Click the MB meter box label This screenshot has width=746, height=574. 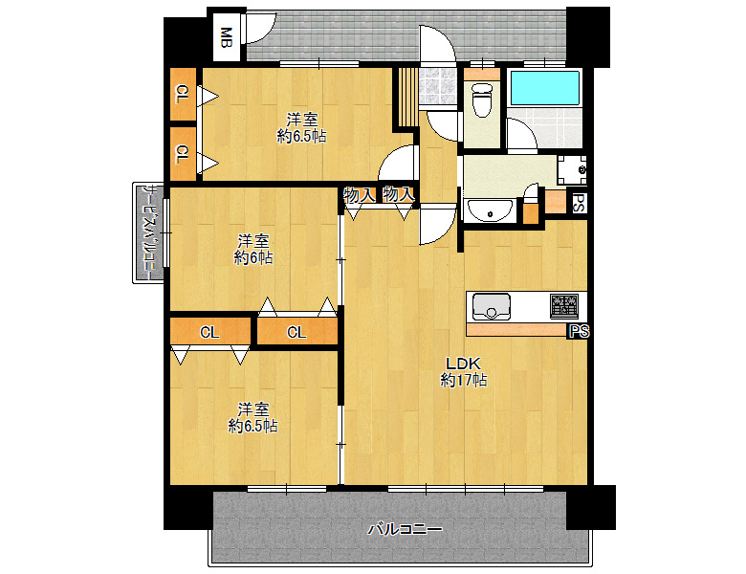pyautogui.click(x=227, y=38)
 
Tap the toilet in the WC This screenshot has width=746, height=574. pyautogui.click(x=482, y=99)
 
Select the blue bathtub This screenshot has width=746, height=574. pyautogui.click(x=545, y=88)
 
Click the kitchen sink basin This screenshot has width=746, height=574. pyautogui.click(x=491, y=307)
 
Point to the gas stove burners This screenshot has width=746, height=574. pyautogui.click(x=564, y=306)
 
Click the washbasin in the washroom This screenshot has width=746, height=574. pyautogui.click(x=490, y=210)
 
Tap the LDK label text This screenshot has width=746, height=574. pyautogui.click(x=463, y=364)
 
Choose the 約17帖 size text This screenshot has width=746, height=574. pyautogui.click(x=464, y=381)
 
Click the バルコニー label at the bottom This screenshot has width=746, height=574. pyautogui.click(x=405, y=529)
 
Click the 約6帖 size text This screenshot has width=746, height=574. pyautogui.click(x=253, y=257)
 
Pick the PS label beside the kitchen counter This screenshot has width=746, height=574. pyautogui.click(x=579, y=331)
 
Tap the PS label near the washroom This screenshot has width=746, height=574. pyautogui.click(x=579, y=203)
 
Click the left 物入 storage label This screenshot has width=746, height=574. pyautogui.click(x=359, y=194)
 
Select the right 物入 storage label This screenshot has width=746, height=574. pyautogui.click(x=398, y=194)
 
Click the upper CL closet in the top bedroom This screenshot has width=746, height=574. pyautogui.click(x=183, y=95)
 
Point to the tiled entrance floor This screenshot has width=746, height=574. pyautogui.click(x=438, y=86)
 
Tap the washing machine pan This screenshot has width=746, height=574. pyautogui.click(x=572, y=170)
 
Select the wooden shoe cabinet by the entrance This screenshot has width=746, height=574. pyautogui.click(x=407, y=98)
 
